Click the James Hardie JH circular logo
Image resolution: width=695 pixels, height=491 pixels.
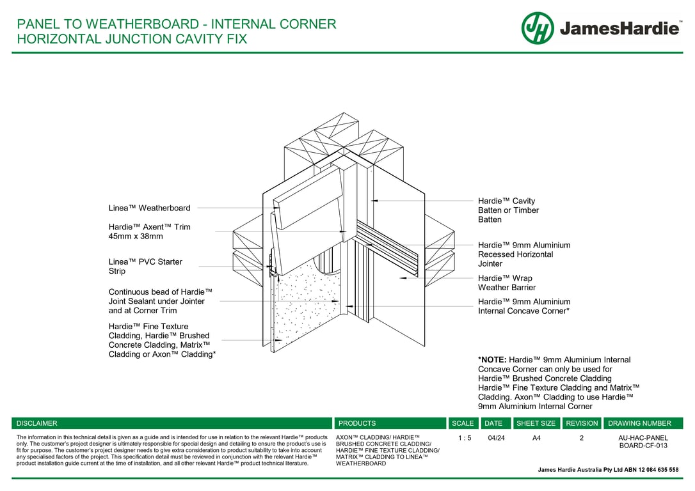(538, 28)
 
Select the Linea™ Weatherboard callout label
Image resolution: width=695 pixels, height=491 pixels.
(149, 208)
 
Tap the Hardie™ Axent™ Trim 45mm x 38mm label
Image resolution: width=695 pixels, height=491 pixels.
(149, 231)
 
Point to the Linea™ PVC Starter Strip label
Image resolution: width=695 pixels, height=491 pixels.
(145, 267)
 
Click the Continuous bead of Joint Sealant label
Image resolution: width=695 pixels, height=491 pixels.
(160, 301)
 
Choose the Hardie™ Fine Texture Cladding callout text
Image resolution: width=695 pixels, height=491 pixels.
(162, 340)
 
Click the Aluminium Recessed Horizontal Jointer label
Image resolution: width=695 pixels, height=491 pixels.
(523, 254)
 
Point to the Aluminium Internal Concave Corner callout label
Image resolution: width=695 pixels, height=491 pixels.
(523, 306)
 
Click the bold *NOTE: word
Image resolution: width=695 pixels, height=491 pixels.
(491, 360)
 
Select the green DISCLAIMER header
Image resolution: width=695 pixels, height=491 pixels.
(37, 423)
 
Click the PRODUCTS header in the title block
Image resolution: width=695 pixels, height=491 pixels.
(357, 423)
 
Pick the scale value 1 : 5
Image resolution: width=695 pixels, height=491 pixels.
(465, 438)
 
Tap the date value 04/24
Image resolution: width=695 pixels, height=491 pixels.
(496, 438)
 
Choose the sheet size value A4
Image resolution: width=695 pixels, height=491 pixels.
(536, 438)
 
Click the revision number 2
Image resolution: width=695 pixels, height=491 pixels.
(582, 438)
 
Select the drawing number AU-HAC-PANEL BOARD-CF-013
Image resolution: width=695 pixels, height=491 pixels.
(643, 442)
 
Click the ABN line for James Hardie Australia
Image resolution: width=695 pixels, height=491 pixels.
(608, 470)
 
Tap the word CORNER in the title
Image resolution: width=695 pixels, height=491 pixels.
(308, 24)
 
